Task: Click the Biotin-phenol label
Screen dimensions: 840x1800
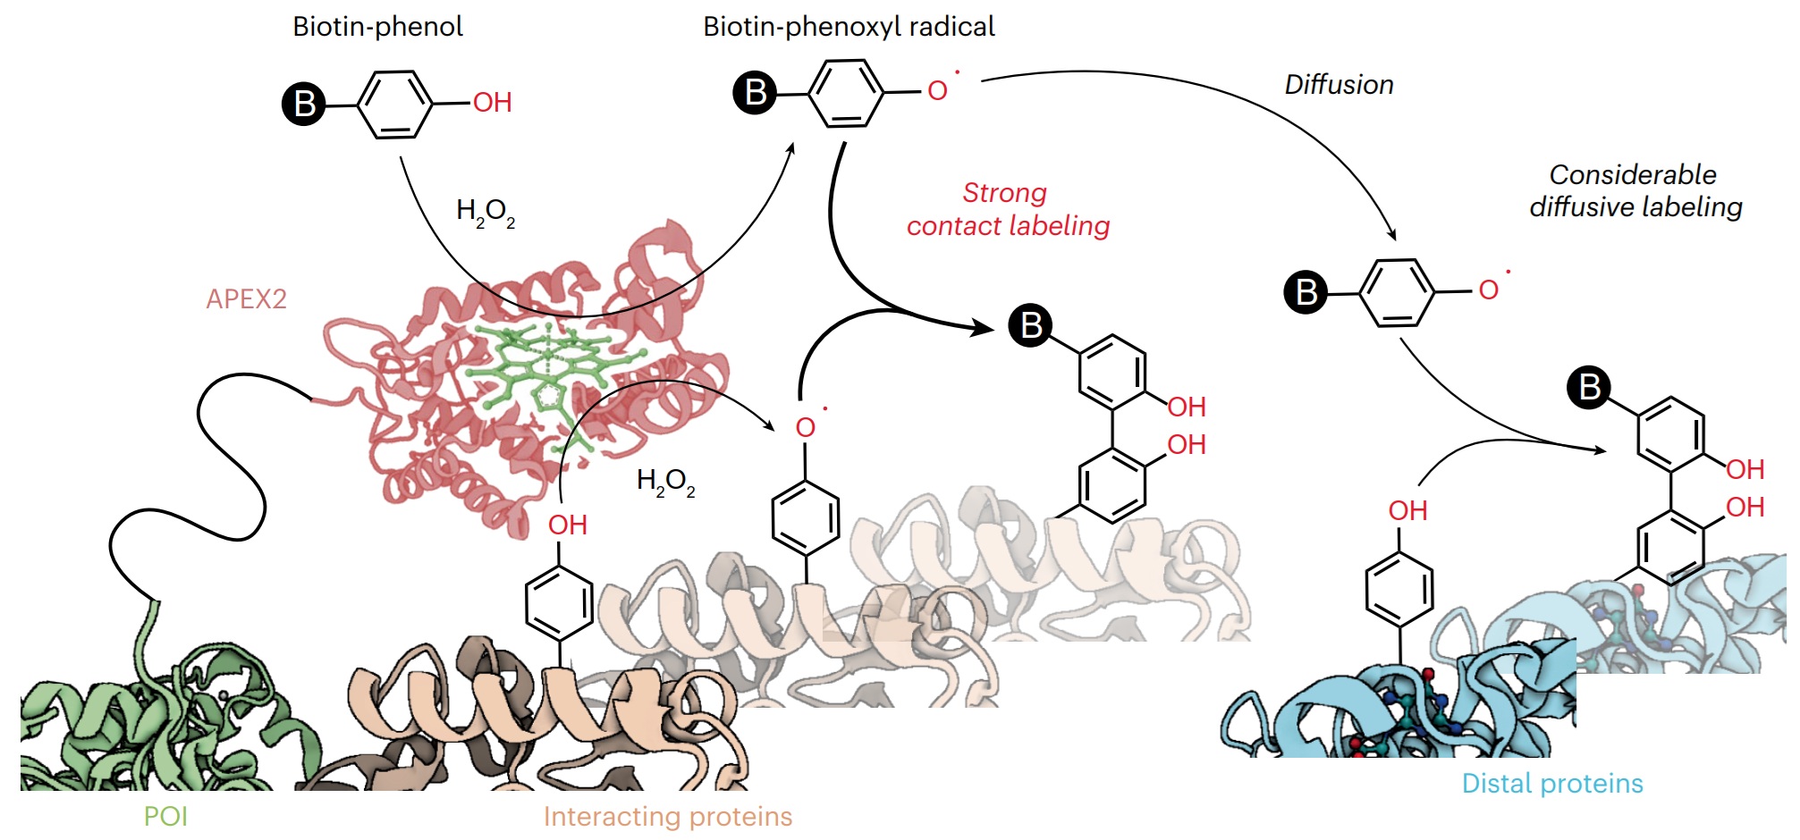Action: [x=377, y=27]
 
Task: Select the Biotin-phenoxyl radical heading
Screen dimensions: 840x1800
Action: [x=849, y=27]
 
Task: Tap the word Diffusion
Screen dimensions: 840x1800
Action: [x=1339, y=85]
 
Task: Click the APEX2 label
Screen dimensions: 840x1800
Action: [x=246, y=298]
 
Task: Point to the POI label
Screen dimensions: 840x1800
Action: [x=165, y=816]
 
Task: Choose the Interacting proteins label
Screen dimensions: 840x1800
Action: [x=667, y=816]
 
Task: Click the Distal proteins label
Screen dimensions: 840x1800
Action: [x=1552, y=784]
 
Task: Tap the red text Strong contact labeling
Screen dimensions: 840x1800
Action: [x=1008, y=209]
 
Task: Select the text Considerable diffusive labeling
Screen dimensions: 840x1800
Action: [x=1635, y=190]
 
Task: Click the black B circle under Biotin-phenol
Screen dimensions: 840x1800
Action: [x=304, y=104]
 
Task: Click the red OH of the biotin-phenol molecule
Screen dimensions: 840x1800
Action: [x=493, y=103]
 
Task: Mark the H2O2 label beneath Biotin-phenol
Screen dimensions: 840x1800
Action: [x=486, y=213]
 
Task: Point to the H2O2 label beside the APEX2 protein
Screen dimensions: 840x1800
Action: [x=665, y=483]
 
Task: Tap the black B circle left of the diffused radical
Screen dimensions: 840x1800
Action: [x=1306, y=292]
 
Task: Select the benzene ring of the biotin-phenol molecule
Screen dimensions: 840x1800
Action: [x=395, y=105]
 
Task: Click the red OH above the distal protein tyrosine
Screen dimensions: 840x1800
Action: [x=1407, y=510]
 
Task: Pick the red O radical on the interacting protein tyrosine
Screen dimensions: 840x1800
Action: [x=806, y=427]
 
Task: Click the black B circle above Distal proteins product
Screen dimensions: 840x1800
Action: [x=1589, y=388]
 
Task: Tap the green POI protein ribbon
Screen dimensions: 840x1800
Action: [x=161, y=724]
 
